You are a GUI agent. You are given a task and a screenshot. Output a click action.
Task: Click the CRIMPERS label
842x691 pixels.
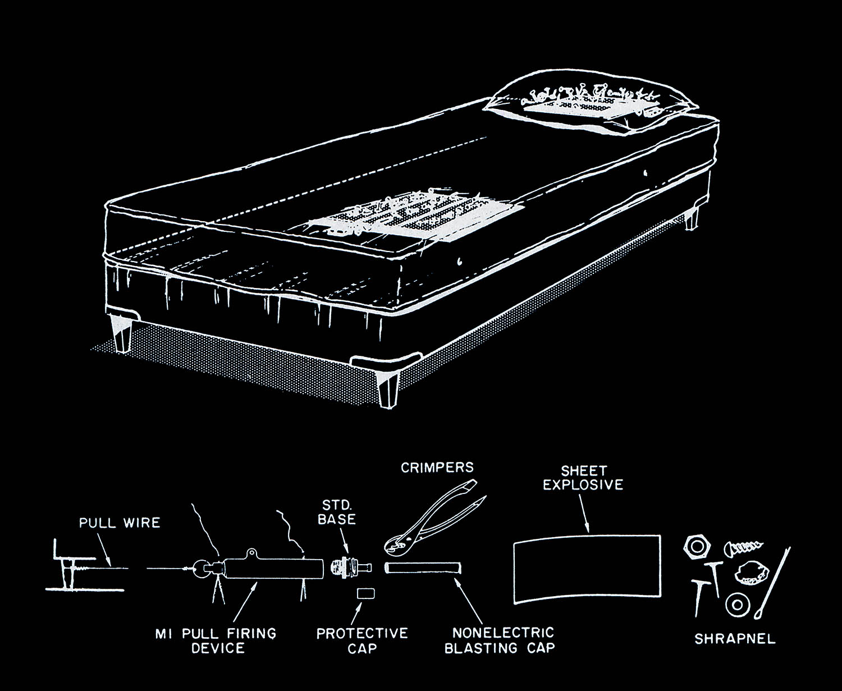pos(437,467)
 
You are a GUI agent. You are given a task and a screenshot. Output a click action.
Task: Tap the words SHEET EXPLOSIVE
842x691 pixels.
pos(583,478)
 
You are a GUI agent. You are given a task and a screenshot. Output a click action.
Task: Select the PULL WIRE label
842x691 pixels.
pos(119,523)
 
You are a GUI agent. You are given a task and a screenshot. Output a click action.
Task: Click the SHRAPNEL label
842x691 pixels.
pos(735,638)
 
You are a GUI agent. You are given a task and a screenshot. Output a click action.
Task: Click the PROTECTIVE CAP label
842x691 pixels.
pos(362,640)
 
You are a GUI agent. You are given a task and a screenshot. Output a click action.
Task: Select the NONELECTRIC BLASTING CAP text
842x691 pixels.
pos(500,640)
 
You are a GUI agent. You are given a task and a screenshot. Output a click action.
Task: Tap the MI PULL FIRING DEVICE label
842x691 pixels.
pos(216,640)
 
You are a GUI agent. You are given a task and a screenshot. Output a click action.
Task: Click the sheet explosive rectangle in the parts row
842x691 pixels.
pos(587,569)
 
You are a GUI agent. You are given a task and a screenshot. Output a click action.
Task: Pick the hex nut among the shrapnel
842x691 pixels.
pos(697,546)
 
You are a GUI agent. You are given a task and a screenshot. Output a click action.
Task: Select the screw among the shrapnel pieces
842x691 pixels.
pos(743,546)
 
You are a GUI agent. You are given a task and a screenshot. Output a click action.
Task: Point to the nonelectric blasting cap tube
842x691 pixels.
pos(423,568)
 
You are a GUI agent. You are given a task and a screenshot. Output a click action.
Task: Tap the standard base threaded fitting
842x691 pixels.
pos(349,568)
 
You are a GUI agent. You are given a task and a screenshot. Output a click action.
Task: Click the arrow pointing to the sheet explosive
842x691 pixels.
pos(584,515)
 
